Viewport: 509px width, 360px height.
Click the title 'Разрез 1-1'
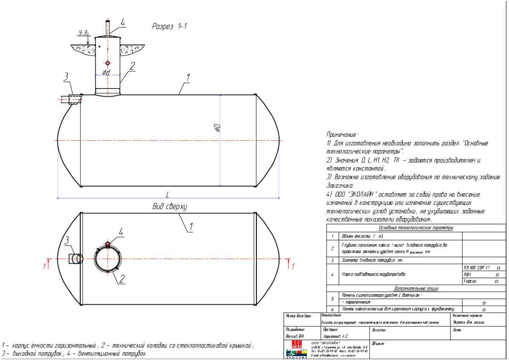pos(170,27)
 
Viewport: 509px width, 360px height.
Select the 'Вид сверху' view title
pos(170,207)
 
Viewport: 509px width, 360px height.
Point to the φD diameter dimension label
pos(217,127)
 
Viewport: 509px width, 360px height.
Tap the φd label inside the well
pos(106,72)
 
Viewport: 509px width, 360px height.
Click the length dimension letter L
pos(168,194)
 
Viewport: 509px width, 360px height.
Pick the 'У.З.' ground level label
pos(83,32)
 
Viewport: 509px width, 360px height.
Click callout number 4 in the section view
pos(122,23)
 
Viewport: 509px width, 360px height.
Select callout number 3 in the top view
pos(67,241)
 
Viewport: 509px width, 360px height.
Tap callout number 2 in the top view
pos(122,279)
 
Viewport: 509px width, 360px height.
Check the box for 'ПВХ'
pos(497,274)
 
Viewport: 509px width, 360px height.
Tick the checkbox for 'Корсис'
pos(496,281)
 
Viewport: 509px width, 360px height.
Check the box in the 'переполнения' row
pos(484,302)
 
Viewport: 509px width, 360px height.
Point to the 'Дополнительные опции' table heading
pos(416,289)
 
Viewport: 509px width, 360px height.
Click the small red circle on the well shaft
pos(108,63)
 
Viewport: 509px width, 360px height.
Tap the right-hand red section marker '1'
pos(293,266)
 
